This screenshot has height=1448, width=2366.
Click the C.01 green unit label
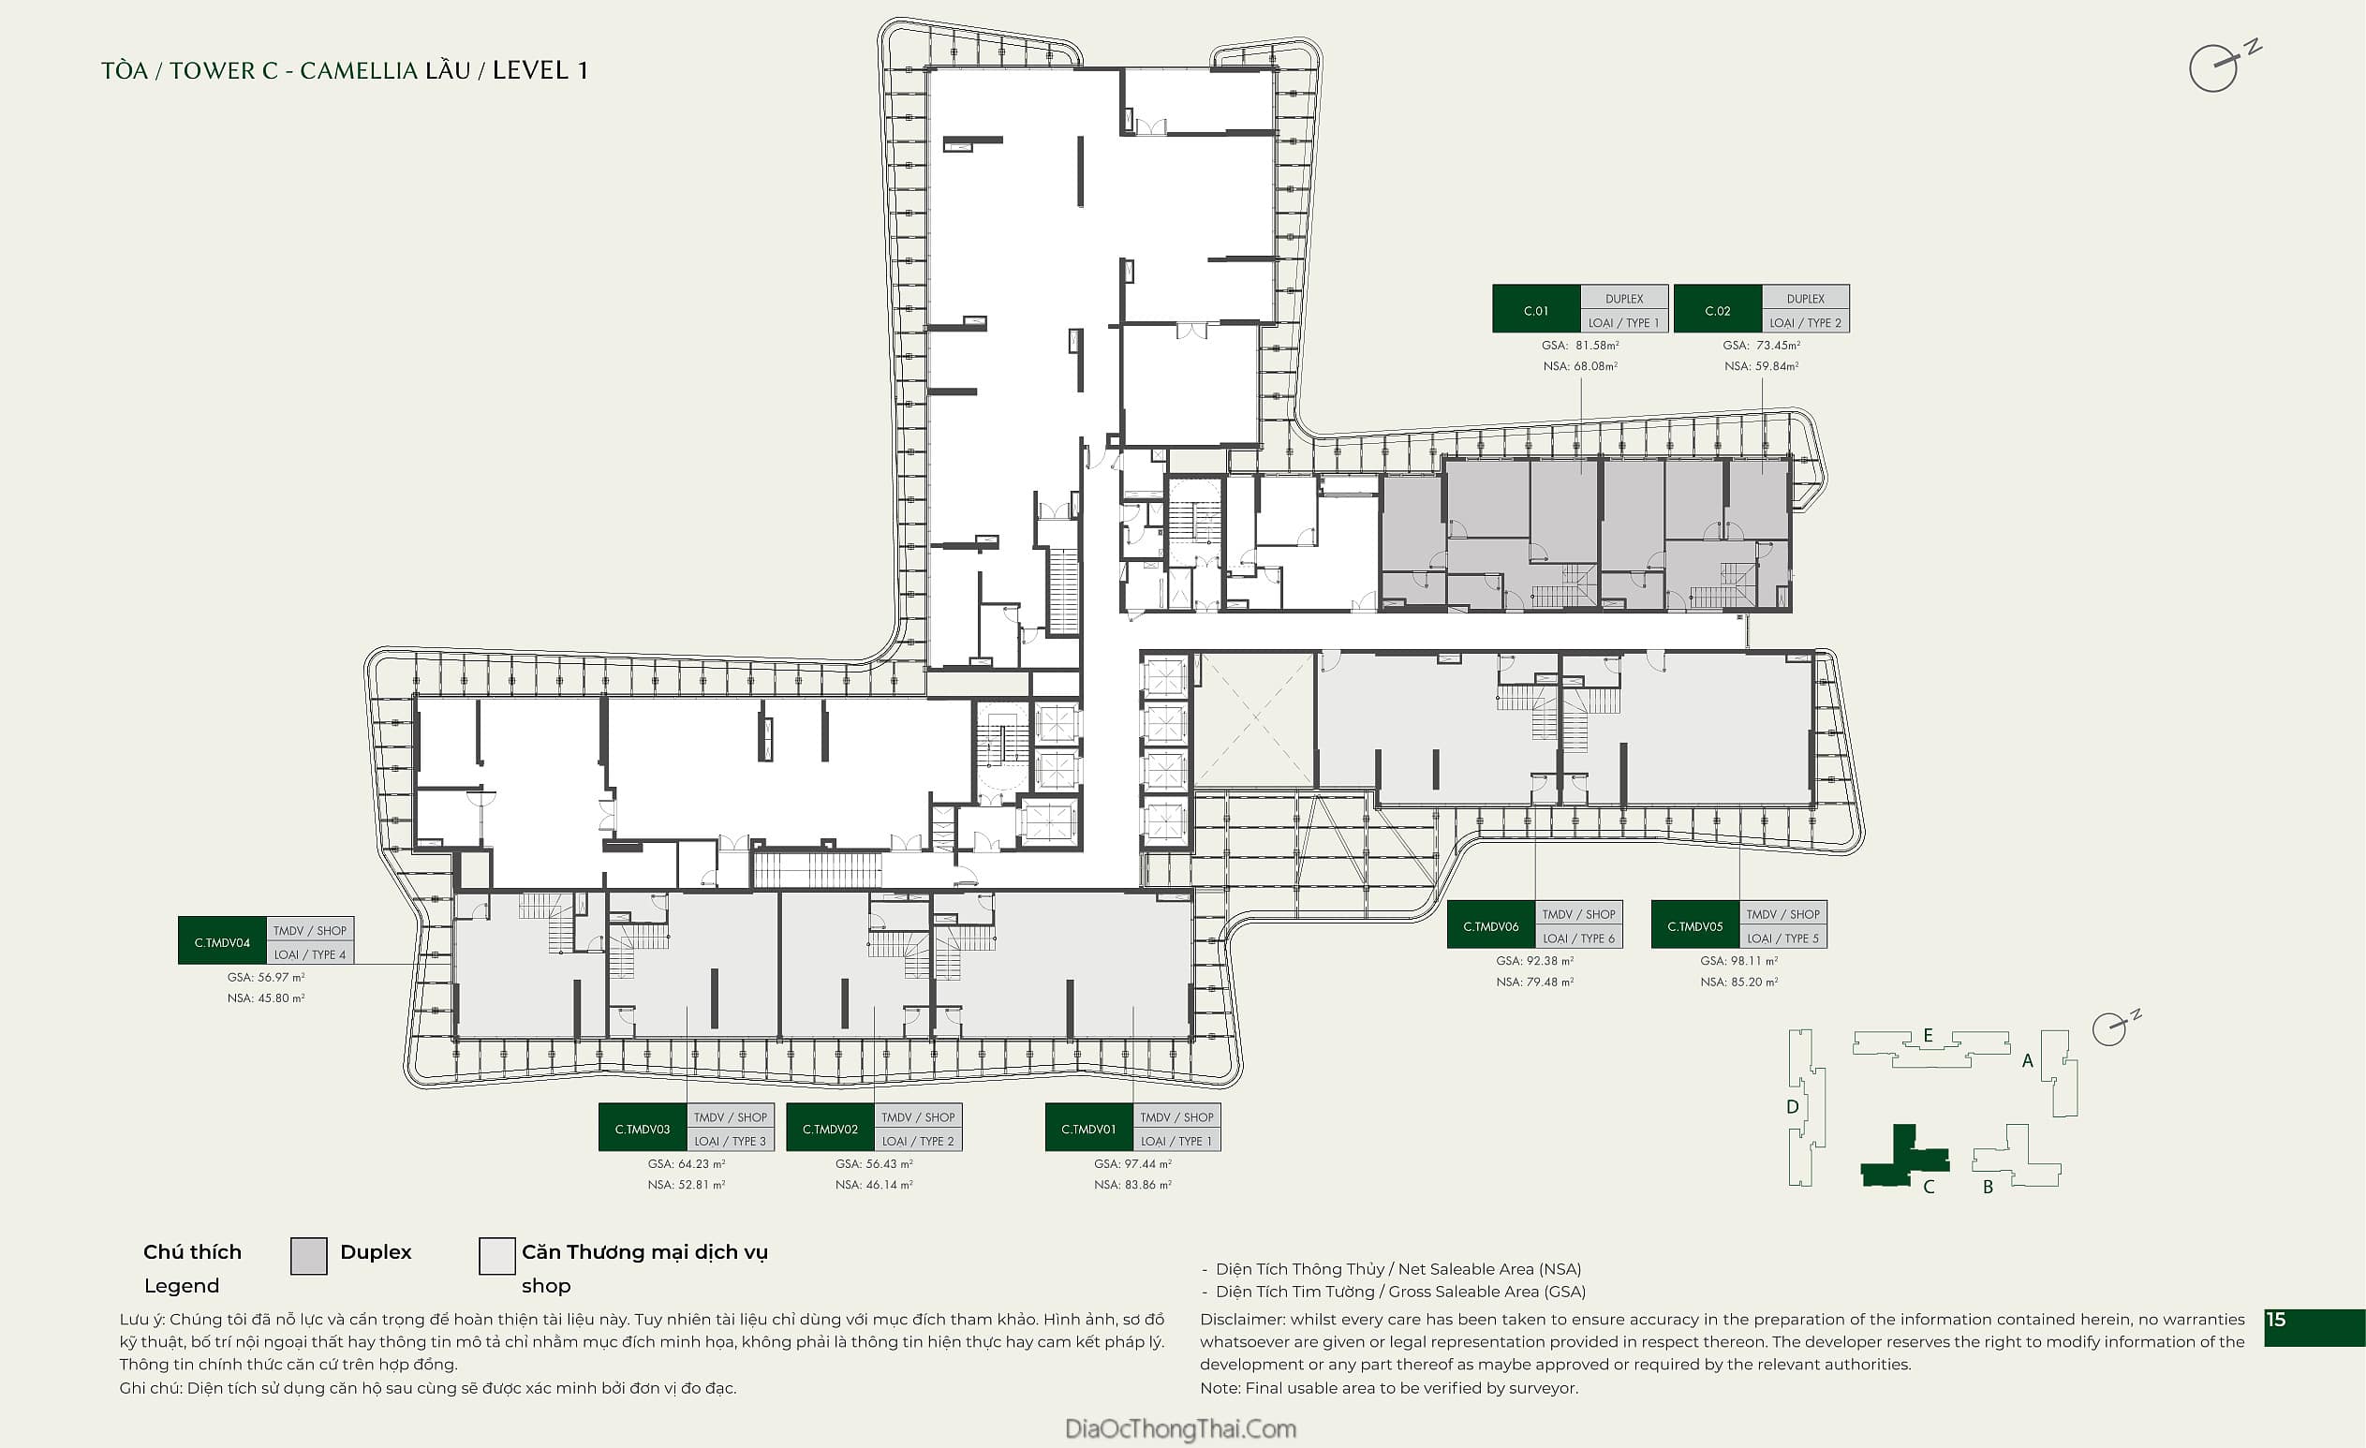point(1535,309)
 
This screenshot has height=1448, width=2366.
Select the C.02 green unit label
point(1717,309)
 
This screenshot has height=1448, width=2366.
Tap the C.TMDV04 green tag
point(222,941)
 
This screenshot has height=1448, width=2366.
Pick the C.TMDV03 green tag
point(643,1128)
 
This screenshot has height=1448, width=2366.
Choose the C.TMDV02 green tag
point(830,1128)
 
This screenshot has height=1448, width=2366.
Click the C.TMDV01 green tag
point(1088,1128)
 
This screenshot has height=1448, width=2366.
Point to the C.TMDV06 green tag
point(1490,924)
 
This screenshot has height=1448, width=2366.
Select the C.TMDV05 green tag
point(1694,924)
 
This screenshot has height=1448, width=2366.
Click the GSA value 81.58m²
point(1597,345)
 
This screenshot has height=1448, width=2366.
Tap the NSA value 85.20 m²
point(1754,982)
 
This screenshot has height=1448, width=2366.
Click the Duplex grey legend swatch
point(308,1255)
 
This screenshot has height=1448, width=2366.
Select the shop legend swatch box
point(496,1255)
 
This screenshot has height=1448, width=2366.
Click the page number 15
point(2276,1320)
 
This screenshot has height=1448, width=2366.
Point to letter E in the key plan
point(1928,1035)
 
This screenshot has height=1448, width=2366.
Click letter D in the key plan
point(1792,1106)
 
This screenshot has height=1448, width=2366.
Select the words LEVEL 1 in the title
point(540,70)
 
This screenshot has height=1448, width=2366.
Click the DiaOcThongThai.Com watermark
point(1180,1427)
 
